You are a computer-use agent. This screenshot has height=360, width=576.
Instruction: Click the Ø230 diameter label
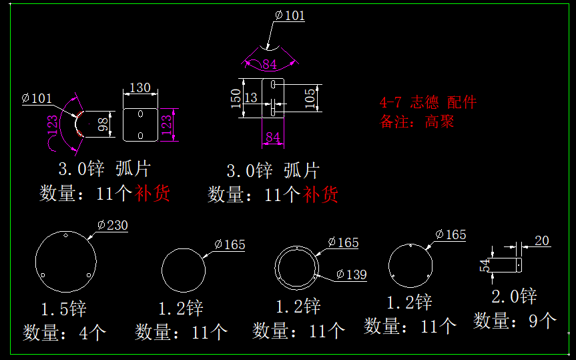tap(112, 225)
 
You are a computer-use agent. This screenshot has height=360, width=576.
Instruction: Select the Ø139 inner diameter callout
tap(351, 275)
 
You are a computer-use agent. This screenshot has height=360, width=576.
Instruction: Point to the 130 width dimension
tap(139, 87)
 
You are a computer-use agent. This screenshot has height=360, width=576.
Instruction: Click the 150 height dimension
tap(235, 98)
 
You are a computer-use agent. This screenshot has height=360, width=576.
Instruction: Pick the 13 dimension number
tap(251, 98)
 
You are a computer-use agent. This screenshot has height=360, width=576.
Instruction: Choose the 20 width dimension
tap(541, 240)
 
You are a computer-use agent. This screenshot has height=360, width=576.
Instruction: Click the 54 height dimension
tap(486, 264)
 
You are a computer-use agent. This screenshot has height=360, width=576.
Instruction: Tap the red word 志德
tap(424, 102)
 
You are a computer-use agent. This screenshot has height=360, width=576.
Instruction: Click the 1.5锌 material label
tap(63, 309)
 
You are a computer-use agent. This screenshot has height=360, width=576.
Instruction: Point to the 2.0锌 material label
tap(514, 296)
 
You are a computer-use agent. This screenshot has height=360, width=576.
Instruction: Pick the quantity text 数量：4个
tap(65, 332)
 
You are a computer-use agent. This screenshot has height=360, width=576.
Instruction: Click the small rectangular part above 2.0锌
tap(511, 264)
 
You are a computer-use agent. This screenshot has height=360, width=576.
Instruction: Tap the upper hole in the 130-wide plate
tap(140, 114)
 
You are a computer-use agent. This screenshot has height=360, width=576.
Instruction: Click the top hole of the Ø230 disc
tap(65, 236)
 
